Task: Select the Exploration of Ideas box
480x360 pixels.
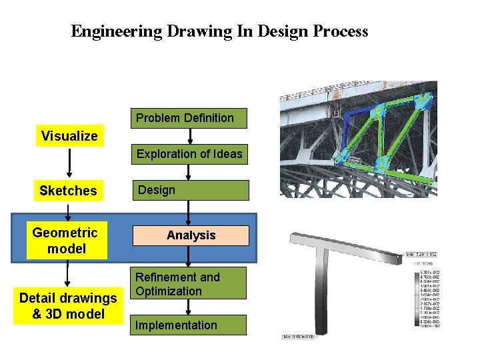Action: coord(189,154)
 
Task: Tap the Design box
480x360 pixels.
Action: coord(189,190)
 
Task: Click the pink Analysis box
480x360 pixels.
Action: coord(191,235)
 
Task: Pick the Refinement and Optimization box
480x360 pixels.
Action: coord(189,284)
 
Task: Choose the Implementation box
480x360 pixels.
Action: coord(189,325)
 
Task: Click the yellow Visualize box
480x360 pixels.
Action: coord(69,136)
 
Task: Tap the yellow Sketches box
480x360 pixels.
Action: coord(68,191)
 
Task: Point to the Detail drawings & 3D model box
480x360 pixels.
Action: coord(68,306)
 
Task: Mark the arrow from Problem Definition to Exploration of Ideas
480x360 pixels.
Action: coord(189,136)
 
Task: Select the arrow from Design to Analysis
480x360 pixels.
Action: coord(189,213)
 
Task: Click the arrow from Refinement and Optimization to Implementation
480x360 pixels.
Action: coord(189,307)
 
